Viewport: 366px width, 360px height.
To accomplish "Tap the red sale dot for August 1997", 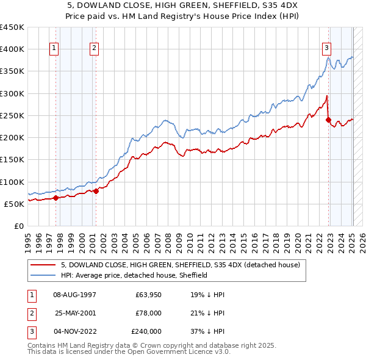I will coord(56,198).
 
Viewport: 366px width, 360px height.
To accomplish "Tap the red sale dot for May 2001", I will coord(96,192).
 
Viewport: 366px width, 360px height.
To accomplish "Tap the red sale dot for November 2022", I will coord(329,120).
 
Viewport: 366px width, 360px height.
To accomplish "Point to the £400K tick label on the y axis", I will coord(12,49).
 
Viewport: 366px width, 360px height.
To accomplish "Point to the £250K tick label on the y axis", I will coord(12,115).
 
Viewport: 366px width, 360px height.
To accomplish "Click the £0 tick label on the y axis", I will coord(18,226).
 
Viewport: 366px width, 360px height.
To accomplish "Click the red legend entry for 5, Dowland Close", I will coord(180,265).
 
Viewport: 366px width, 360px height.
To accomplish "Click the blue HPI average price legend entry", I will coord(134,275).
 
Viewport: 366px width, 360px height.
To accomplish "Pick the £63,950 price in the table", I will coord(148,295).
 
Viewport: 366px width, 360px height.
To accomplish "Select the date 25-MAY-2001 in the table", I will coord(76,313).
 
